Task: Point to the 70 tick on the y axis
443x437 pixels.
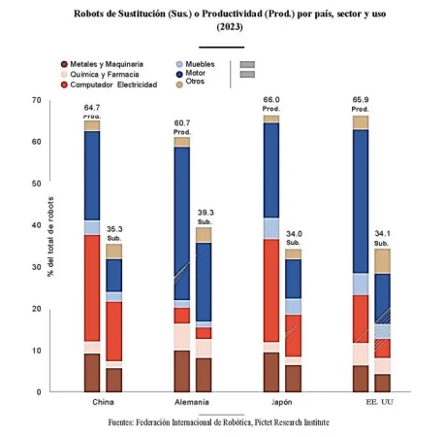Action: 36,100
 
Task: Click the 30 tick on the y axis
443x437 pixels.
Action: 36,267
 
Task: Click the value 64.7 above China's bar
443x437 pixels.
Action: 92,107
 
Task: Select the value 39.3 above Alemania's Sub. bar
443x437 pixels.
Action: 204,213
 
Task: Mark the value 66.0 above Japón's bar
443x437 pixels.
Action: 271,100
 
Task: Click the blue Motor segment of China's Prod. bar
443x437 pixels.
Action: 92,175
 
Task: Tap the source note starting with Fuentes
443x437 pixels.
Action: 219,423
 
